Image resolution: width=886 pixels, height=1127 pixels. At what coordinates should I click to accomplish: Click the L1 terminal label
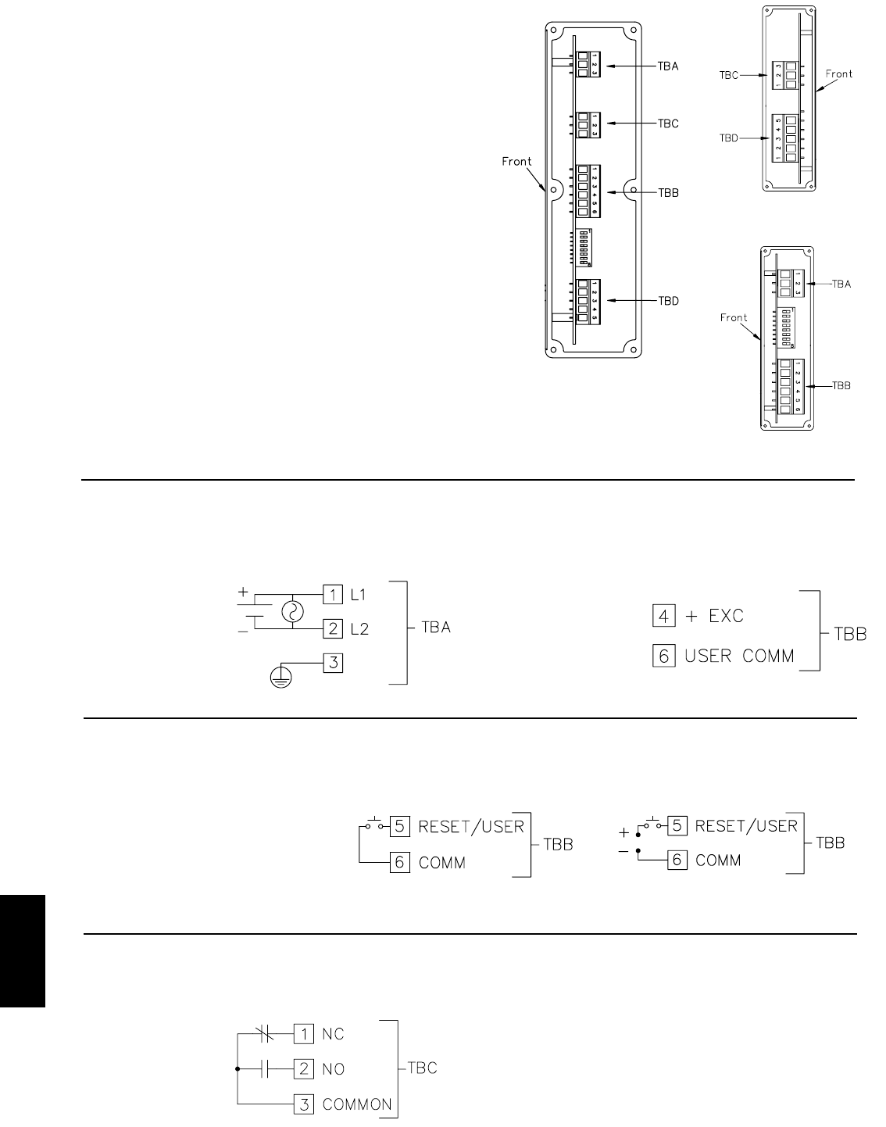(x=357, y=596)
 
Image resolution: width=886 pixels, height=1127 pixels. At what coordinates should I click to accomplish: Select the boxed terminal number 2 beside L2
(x=332, y=628)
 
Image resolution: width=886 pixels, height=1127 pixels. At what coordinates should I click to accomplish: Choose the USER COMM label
(x=739, y=656)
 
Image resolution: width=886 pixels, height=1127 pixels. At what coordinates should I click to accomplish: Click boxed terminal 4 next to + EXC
(x=663, y=616)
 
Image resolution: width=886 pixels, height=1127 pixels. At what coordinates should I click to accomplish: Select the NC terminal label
(x=334, y=1034)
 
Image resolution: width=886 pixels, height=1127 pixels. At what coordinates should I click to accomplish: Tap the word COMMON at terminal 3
(x=357, y=1104)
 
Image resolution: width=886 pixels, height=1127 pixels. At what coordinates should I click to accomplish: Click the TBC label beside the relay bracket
(x=422, y=1068)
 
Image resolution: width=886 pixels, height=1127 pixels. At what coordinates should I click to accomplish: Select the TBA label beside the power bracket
(x=435, y=628)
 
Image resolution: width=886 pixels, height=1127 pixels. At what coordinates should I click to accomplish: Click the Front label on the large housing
(x=517, y=162)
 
